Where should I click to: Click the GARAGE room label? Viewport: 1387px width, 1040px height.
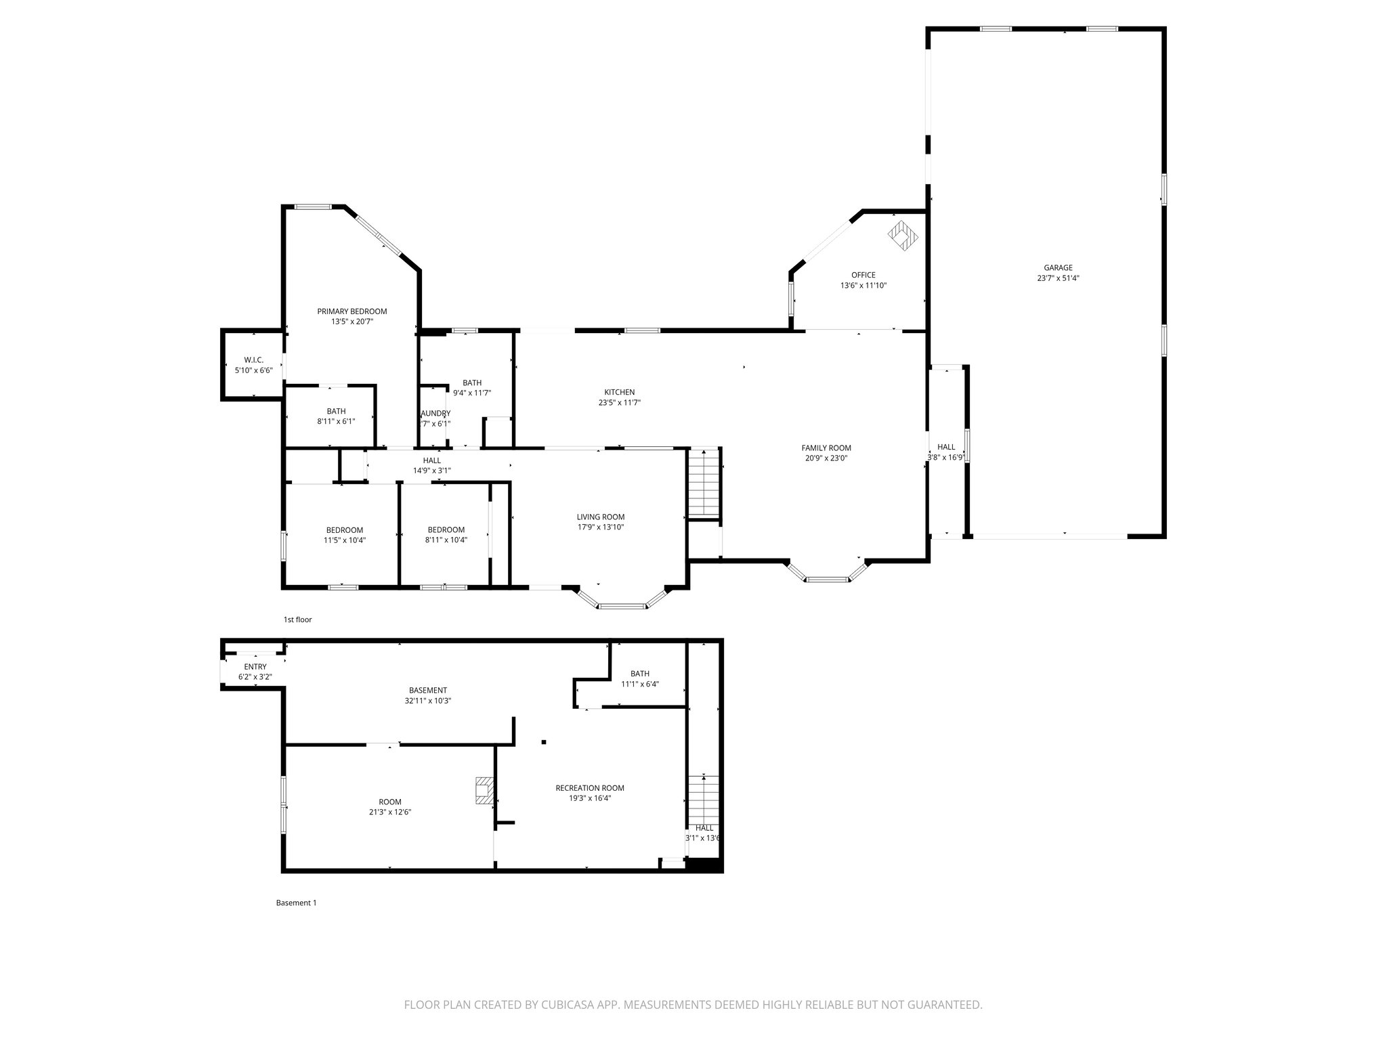point(1058,267)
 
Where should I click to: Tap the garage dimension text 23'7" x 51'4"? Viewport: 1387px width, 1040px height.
point(1058,278)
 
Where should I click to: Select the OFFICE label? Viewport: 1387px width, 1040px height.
point(863,275)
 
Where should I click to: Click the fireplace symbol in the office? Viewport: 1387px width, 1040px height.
point(904,235)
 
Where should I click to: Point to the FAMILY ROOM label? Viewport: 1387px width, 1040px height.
point(826,448)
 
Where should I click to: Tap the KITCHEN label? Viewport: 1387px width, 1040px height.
point(619,392)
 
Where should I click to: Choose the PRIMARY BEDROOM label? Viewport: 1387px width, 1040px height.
point(351,311)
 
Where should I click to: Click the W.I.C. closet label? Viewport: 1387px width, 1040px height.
point(253,360)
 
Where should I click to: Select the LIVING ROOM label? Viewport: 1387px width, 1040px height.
point(600,517)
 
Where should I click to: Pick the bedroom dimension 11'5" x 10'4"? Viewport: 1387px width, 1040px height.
point(344,540)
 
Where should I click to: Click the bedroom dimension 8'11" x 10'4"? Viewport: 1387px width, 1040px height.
point(446,540)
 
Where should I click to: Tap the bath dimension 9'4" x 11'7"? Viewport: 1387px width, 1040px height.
point(471,393)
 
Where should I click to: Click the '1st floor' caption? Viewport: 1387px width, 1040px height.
point(297,620)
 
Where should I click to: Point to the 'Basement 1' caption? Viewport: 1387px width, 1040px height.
point(296,903)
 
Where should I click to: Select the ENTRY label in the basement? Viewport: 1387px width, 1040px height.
point(255,667)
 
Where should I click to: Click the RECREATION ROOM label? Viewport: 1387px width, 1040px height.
point(589,787)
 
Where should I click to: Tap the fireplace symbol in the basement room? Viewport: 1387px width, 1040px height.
point(485,790)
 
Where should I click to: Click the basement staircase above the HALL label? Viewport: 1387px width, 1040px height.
point(704,799)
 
